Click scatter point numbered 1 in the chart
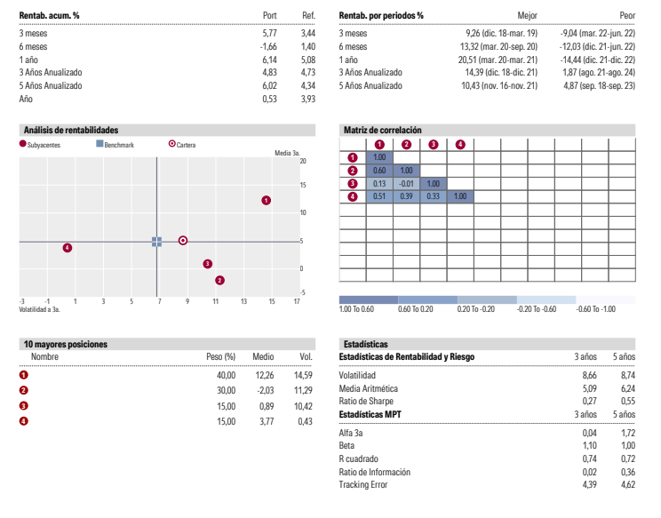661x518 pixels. click(266, 201)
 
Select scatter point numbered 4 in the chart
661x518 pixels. click(68, 248)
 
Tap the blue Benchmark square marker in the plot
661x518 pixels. click(156, 241)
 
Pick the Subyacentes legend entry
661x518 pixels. click(39, 145)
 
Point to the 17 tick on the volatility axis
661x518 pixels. click(297, 302)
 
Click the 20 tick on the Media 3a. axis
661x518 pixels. click(303, 161)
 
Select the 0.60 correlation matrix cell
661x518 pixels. click(379, 171)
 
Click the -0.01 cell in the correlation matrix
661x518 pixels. click(406, 183)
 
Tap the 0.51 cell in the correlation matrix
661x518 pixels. click(379, 196)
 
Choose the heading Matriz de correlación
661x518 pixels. click(382, 131)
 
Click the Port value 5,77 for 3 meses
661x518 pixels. click(270, 32)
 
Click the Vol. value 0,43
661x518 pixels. click(306, 420)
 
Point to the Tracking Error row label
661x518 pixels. click(363, 484)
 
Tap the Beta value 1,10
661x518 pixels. click(589, 444)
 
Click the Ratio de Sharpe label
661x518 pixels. click(368, 402)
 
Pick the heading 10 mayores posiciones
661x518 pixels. click(65, 344)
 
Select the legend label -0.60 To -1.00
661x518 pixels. click(596, 309)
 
